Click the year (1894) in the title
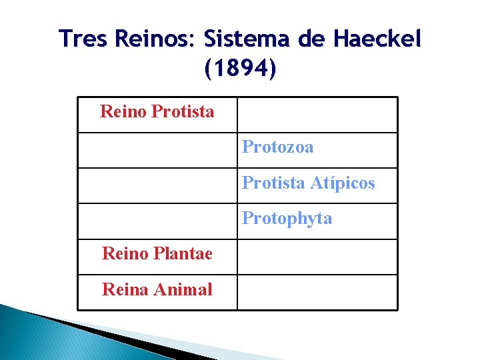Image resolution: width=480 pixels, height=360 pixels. coord(240,68)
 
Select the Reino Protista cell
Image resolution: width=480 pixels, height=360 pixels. coord(157,111)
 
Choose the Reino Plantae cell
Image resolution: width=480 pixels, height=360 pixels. coord(157,254)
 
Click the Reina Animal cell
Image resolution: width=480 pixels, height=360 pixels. coord(157,290)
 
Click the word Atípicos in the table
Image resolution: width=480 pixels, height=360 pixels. coord(343,183)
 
